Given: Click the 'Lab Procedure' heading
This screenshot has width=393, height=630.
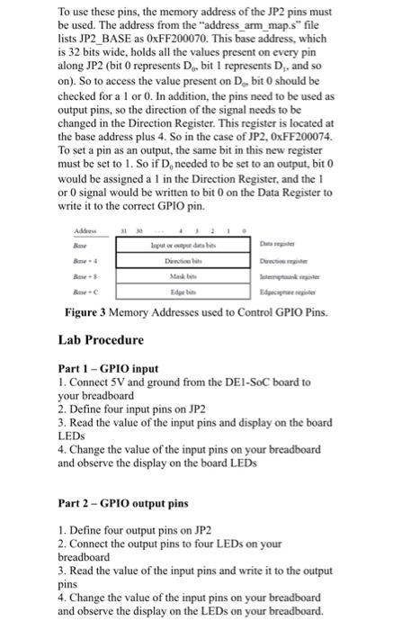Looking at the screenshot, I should pos(102,341).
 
